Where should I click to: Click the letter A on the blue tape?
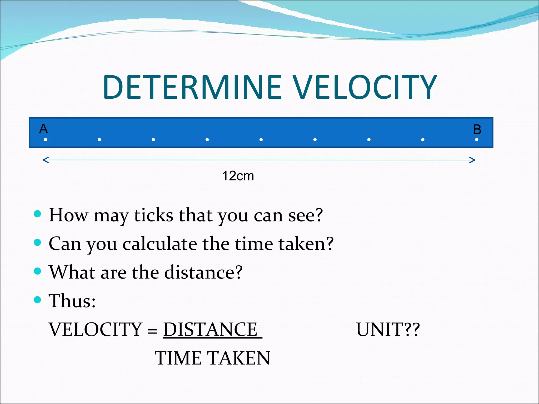coord(43,129)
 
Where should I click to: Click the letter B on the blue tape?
coord(477,129)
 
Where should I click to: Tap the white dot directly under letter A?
coord(46,140)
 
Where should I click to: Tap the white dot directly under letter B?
coord(477,140)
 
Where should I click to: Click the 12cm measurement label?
coord(238,176)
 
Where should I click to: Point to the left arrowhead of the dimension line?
coord(45,160)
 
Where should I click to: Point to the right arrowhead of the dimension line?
coord(473,160)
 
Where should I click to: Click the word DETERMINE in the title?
coord(192,87)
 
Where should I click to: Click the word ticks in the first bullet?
coord(153,215)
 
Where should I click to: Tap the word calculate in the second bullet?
coord(160,244)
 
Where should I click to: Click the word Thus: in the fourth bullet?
coord(72,300)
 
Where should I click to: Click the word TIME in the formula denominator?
coord(178,358)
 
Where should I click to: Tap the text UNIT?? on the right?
coord(388,329)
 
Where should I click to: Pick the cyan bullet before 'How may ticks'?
coord(38,214)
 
